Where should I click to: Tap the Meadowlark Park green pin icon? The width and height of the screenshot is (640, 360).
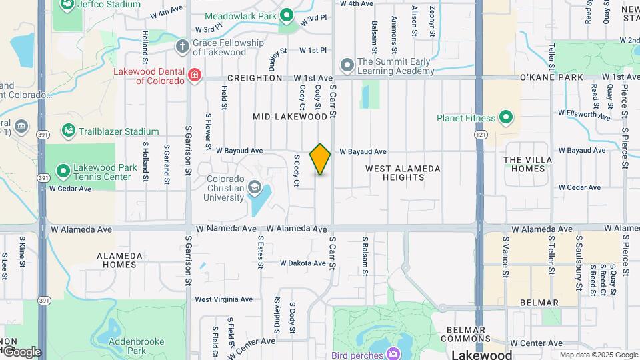pos(287,15)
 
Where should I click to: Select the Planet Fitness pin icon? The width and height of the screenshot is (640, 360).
pos(505,119)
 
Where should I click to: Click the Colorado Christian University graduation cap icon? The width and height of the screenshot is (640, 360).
pos(254,188)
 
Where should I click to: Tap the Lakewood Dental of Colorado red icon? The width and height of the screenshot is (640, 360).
pos(194,75)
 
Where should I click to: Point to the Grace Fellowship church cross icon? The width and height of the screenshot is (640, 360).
pos(182,46)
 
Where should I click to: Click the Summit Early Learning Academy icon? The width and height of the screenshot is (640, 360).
pos(347,65)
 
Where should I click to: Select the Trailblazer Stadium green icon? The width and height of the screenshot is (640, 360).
pos(68,131)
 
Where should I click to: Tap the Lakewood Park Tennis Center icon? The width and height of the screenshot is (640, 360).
pos(63,171)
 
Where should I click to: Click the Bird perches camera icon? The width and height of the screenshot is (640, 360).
pos(393,353)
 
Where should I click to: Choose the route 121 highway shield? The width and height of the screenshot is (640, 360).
pos(480,135)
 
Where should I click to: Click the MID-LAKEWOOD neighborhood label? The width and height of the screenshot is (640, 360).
pos(291,117)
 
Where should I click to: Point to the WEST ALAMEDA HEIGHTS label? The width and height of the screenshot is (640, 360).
pos(403,173)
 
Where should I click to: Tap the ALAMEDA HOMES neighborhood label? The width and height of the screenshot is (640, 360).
pos(119,260)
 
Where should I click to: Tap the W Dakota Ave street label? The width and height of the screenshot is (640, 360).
pos(302,263)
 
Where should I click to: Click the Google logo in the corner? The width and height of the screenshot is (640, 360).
pos(23,352)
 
